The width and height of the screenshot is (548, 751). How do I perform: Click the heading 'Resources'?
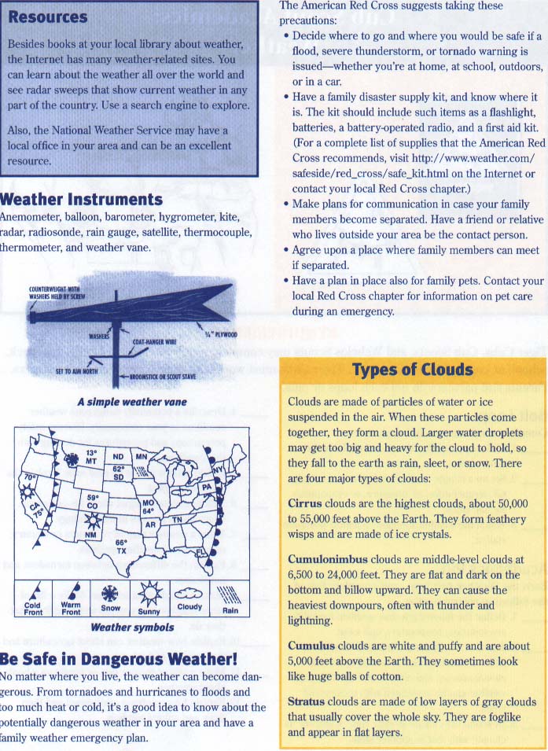click(x=47, y=17)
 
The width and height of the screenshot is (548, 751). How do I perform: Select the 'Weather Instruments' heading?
click(x=82, y=199)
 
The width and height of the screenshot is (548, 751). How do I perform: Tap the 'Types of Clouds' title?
click(x=412, y=370)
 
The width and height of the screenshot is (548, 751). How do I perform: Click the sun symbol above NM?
click(x=92, y=520)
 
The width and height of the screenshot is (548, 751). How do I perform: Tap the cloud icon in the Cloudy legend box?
click(x=189, y=594)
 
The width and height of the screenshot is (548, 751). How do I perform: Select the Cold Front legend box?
click(x=33, y=600)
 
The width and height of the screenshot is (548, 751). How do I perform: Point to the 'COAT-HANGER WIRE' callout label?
click(x=155, y=342)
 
